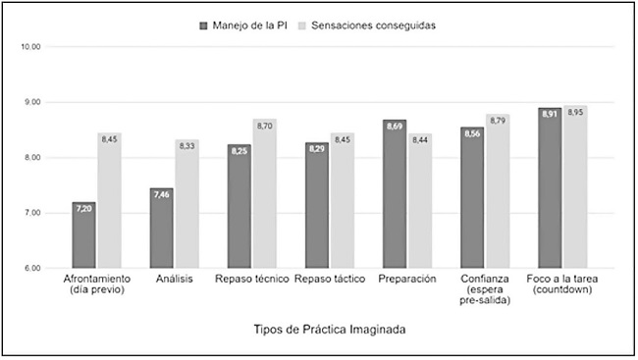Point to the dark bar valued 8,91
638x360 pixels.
click(x=550, y=187)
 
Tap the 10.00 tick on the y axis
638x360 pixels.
click(x=29, y=47)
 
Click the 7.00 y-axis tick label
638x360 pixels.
click(x=29, y=213)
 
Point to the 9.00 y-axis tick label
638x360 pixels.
click(x=29, y=102)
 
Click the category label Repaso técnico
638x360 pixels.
click(x=252, y=280)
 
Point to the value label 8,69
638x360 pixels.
click(x=395, y=127)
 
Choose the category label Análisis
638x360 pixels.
click(x=174, y=280)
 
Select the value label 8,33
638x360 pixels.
click(x=187, y=145)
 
